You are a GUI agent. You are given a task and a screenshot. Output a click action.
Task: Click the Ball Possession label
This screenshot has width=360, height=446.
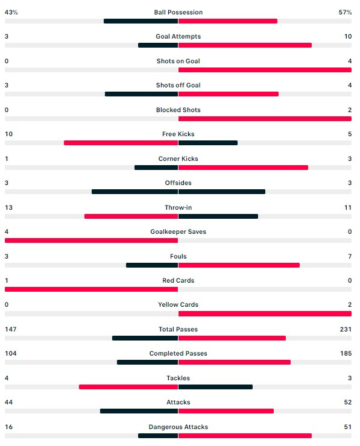pyautogui.click(x=178, y=12)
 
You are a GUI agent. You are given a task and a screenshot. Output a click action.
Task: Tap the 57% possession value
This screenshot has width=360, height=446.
pyautogui.click(x=345, y=12)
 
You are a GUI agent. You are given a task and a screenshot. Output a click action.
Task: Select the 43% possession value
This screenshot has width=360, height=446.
pyautogui.click(x=11, y=12)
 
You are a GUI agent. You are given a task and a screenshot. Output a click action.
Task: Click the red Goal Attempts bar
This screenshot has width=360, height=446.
pyautogui.click(x=245, y=45)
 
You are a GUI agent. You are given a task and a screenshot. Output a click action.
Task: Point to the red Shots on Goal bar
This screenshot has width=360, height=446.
pyautogui.click(x=265, y=70)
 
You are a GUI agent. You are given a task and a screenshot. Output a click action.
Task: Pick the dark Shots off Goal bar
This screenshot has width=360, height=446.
pyautogui.click(x=142, y=94)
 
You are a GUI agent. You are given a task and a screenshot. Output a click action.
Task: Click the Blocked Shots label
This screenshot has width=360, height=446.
pyautogui.click(x=178, y=110)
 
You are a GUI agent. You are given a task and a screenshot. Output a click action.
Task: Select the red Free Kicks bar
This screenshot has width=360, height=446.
pyautogui.click(x=121, y=143)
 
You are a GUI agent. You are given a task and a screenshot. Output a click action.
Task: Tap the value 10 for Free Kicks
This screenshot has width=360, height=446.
pyautogui.click(x=9, y=134)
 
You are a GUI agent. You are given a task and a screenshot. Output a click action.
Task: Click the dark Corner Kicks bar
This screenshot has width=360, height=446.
pyautogui.click(x=156, y=168)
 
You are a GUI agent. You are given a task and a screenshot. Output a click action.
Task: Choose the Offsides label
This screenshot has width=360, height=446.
pyautogui.click(x=178, y=183)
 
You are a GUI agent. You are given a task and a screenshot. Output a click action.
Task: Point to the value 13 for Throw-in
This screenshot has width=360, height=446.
pyautogui.click(x=9, y=207)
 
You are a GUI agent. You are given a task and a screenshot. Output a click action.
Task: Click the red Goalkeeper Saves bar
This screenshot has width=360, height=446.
pyautogui.click(x=91, y=240)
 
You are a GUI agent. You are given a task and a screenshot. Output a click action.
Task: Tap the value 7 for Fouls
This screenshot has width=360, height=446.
pyautogui.click(x=350, y=256)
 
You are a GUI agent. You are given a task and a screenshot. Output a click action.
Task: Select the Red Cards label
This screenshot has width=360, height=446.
pyautogui.click(x=178, y=280)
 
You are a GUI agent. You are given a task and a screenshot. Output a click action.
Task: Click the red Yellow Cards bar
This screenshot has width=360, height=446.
pyautogui.click(x=265, y=314)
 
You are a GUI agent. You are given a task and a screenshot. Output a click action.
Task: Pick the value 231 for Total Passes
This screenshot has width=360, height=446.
pyautogui.click(x=346, y=329)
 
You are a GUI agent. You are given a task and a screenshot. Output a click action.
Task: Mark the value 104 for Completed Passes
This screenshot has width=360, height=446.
pyautogui.click(x=11, y=353)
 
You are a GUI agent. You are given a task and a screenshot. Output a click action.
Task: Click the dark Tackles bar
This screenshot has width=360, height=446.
pyautogui.click(x=215, y=387)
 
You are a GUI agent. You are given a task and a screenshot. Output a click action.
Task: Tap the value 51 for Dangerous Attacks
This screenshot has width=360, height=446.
pyautogui.click(x=348, y=427)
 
